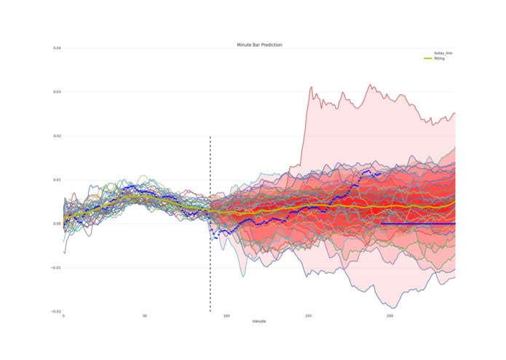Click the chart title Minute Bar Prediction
259,45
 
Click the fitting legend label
439,58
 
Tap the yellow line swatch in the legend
428,58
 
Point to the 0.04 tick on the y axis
56,48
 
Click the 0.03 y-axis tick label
56,92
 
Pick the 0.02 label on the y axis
56,136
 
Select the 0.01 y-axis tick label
56,180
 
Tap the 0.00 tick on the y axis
56,224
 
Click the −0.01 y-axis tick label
55,267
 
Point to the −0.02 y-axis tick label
55,311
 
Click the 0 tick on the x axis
63,316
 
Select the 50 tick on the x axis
145,316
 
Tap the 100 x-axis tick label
226,316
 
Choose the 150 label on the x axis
308,316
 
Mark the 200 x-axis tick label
390,316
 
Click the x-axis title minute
258,321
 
